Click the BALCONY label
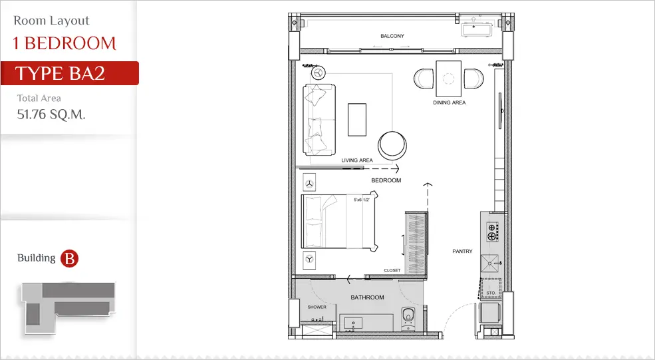392,36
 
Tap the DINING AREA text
449,102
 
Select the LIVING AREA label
356,160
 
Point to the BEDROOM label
386,180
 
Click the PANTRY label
462,252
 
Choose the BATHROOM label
367,297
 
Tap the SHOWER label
317,307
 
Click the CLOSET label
392,271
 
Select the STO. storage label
491,293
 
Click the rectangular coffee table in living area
357,120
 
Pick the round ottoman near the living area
392,146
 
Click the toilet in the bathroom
408,319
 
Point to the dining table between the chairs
449,79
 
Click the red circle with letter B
69,258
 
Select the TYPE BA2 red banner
70,73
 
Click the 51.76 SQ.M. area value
51,114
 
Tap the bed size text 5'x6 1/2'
361,200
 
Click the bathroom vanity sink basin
354,323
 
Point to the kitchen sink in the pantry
489,264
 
